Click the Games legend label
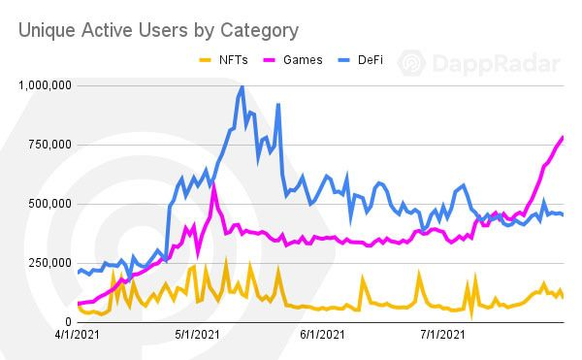(x=304, y=59)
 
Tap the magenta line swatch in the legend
(x=271, y=59)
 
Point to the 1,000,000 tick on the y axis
(x=43, y=85)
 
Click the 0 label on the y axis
(x=68, y=322)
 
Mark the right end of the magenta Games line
(x=563, y=137)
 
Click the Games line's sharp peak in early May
(x=213, y=183)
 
